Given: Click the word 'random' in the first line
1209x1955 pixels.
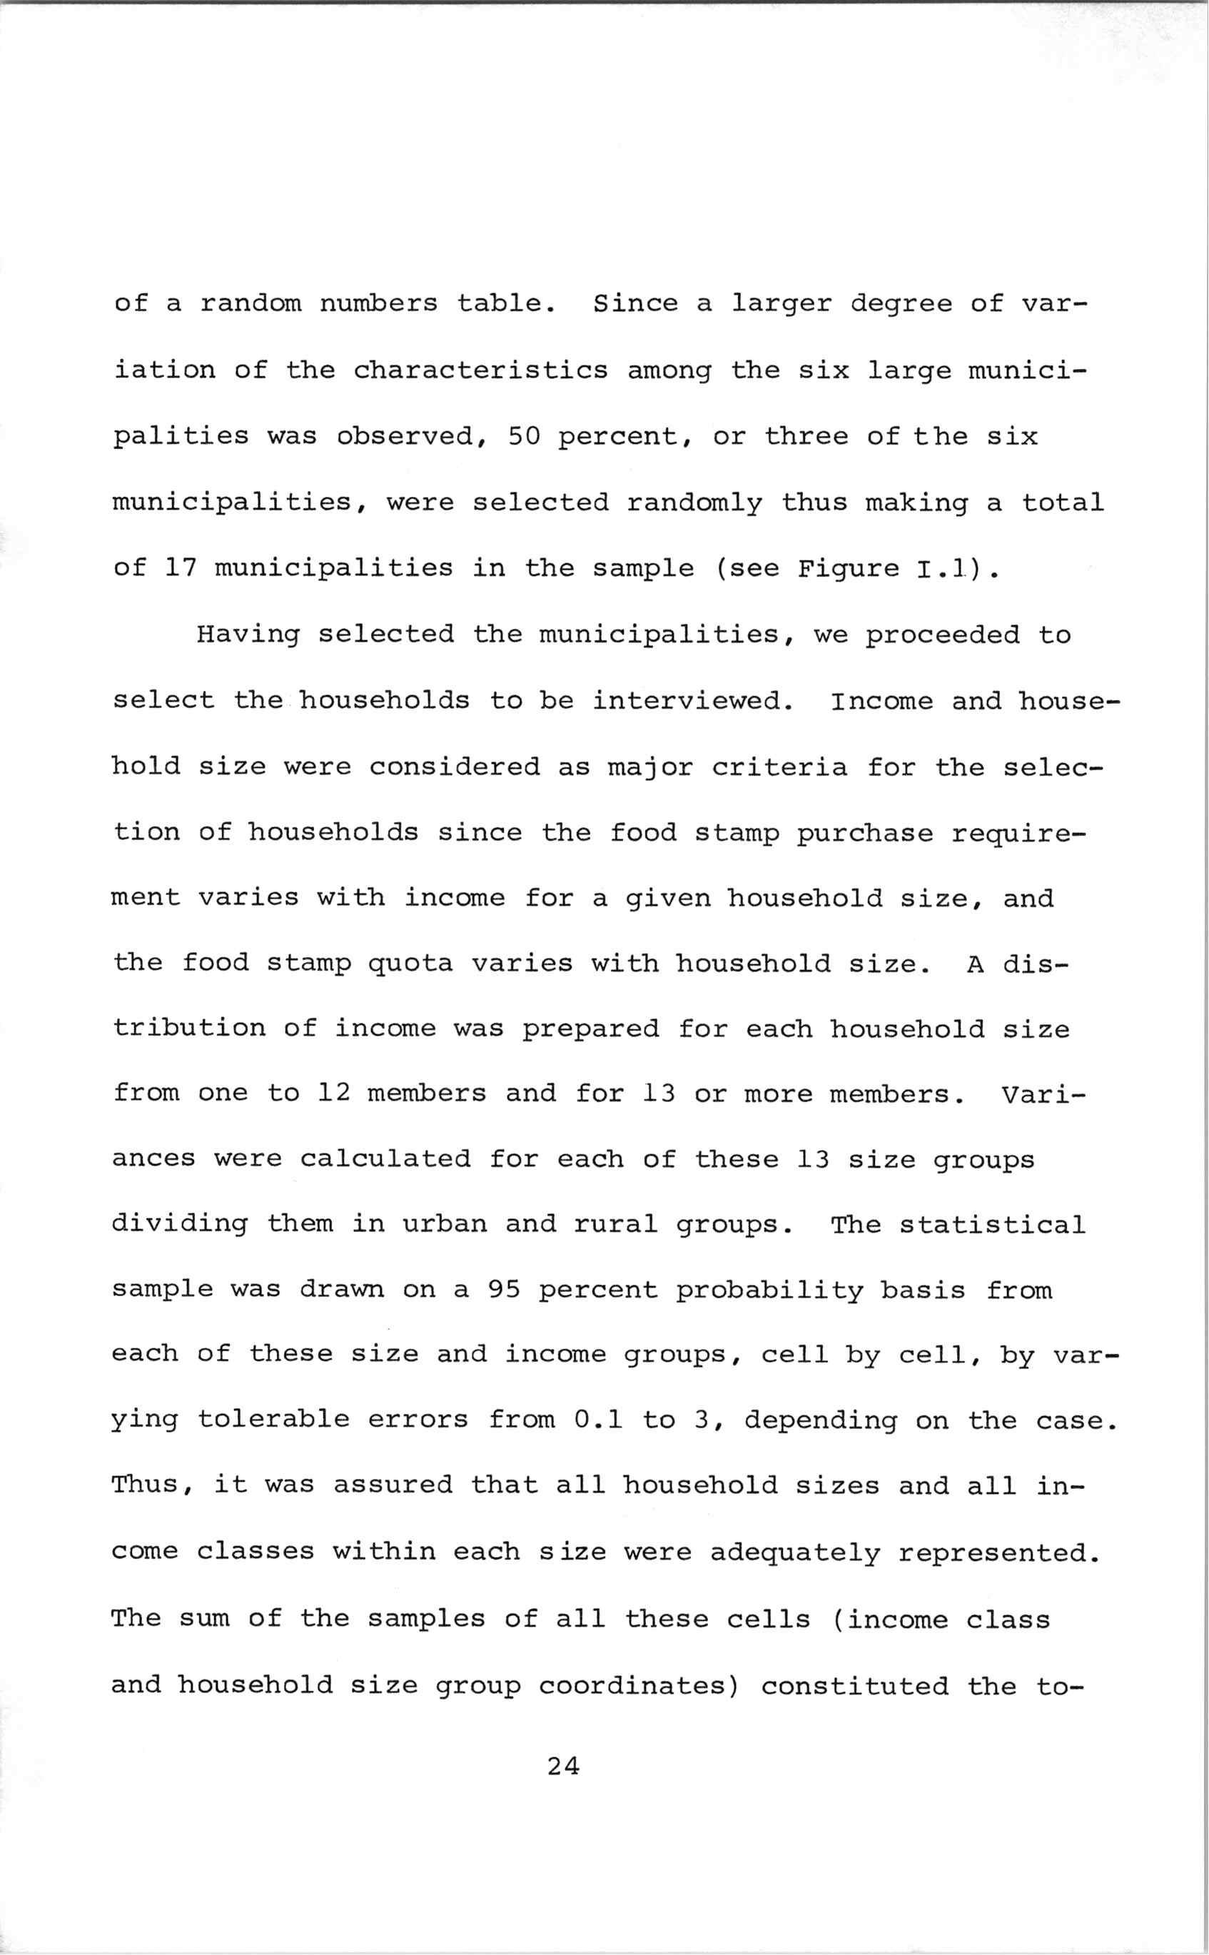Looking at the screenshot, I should (251, 304).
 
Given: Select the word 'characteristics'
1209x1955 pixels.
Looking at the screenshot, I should (480, 370).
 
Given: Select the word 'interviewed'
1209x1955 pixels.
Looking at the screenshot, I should (692, 701).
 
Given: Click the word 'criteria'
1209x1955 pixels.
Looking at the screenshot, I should (779, 767).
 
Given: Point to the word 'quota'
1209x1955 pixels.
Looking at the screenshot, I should (410, 964).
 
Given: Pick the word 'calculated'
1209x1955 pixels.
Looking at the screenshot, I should (385, 1159).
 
